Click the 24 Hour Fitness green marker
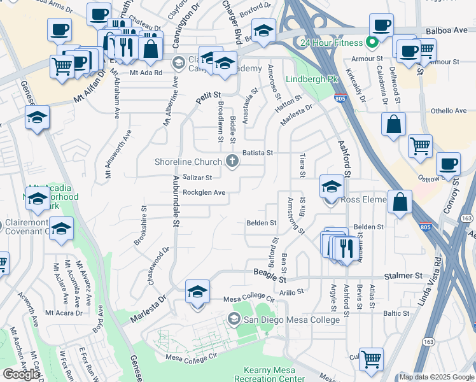click(373, 43)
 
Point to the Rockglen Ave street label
click(204, 192)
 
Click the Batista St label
click(257, 153)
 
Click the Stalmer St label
click(403, 276)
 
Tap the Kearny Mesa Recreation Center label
click(274, 374)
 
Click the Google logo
click(21, 374)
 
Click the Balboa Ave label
click(448, 30)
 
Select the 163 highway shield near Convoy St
click(466, 218)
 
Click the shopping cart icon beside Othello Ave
click(420, 145)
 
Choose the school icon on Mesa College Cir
click(198, 292)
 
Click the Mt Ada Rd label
click(146, 73)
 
